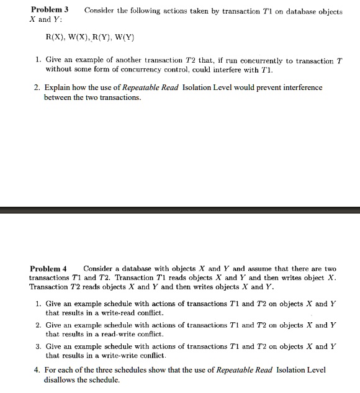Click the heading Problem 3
point(49,11)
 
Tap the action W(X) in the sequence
point(81,37)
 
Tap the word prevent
point(253,88)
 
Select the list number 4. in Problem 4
point(38,370)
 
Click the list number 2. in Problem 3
point(38,88)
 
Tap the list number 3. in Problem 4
point(38,346)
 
